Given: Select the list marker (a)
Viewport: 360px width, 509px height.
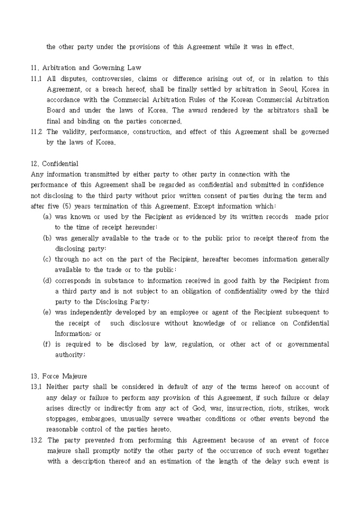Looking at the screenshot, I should click(47, 217).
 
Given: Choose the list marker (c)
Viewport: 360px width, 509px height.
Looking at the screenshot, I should click(47, 260).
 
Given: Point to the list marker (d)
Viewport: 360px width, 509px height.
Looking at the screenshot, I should click(47, 281).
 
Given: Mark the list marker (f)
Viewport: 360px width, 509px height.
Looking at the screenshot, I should click(47, 344).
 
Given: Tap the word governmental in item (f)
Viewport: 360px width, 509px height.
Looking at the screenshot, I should click(308, 344).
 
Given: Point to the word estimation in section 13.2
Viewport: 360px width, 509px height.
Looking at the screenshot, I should click(206, 461).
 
